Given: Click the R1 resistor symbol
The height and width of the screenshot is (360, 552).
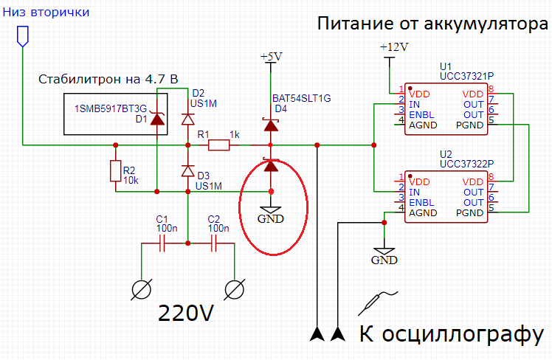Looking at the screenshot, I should coord(218,145).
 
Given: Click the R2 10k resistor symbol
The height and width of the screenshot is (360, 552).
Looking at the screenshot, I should coord(115,171).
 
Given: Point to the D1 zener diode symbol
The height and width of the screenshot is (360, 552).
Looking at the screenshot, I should coord(157,120).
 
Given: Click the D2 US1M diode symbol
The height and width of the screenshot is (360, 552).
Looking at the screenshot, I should coord(188,119).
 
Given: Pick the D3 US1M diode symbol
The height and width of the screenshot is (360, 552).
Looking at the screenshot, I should coord(188,171).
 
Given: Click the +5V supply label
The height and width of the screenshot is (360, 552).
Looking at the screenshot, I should coord(272,58).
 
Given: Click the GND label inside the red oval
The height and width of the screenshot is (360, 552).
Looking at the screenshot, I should coord(272,219).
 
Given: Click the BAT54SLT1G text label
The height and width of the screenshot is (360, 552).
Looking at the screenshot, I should coord(301,98).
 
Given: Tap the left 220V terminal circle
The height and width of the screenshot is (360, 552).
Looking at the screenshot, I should coord(141,289).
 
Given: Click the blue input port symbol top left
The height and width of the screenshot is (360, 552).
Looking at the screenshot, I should coord(23,35).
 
